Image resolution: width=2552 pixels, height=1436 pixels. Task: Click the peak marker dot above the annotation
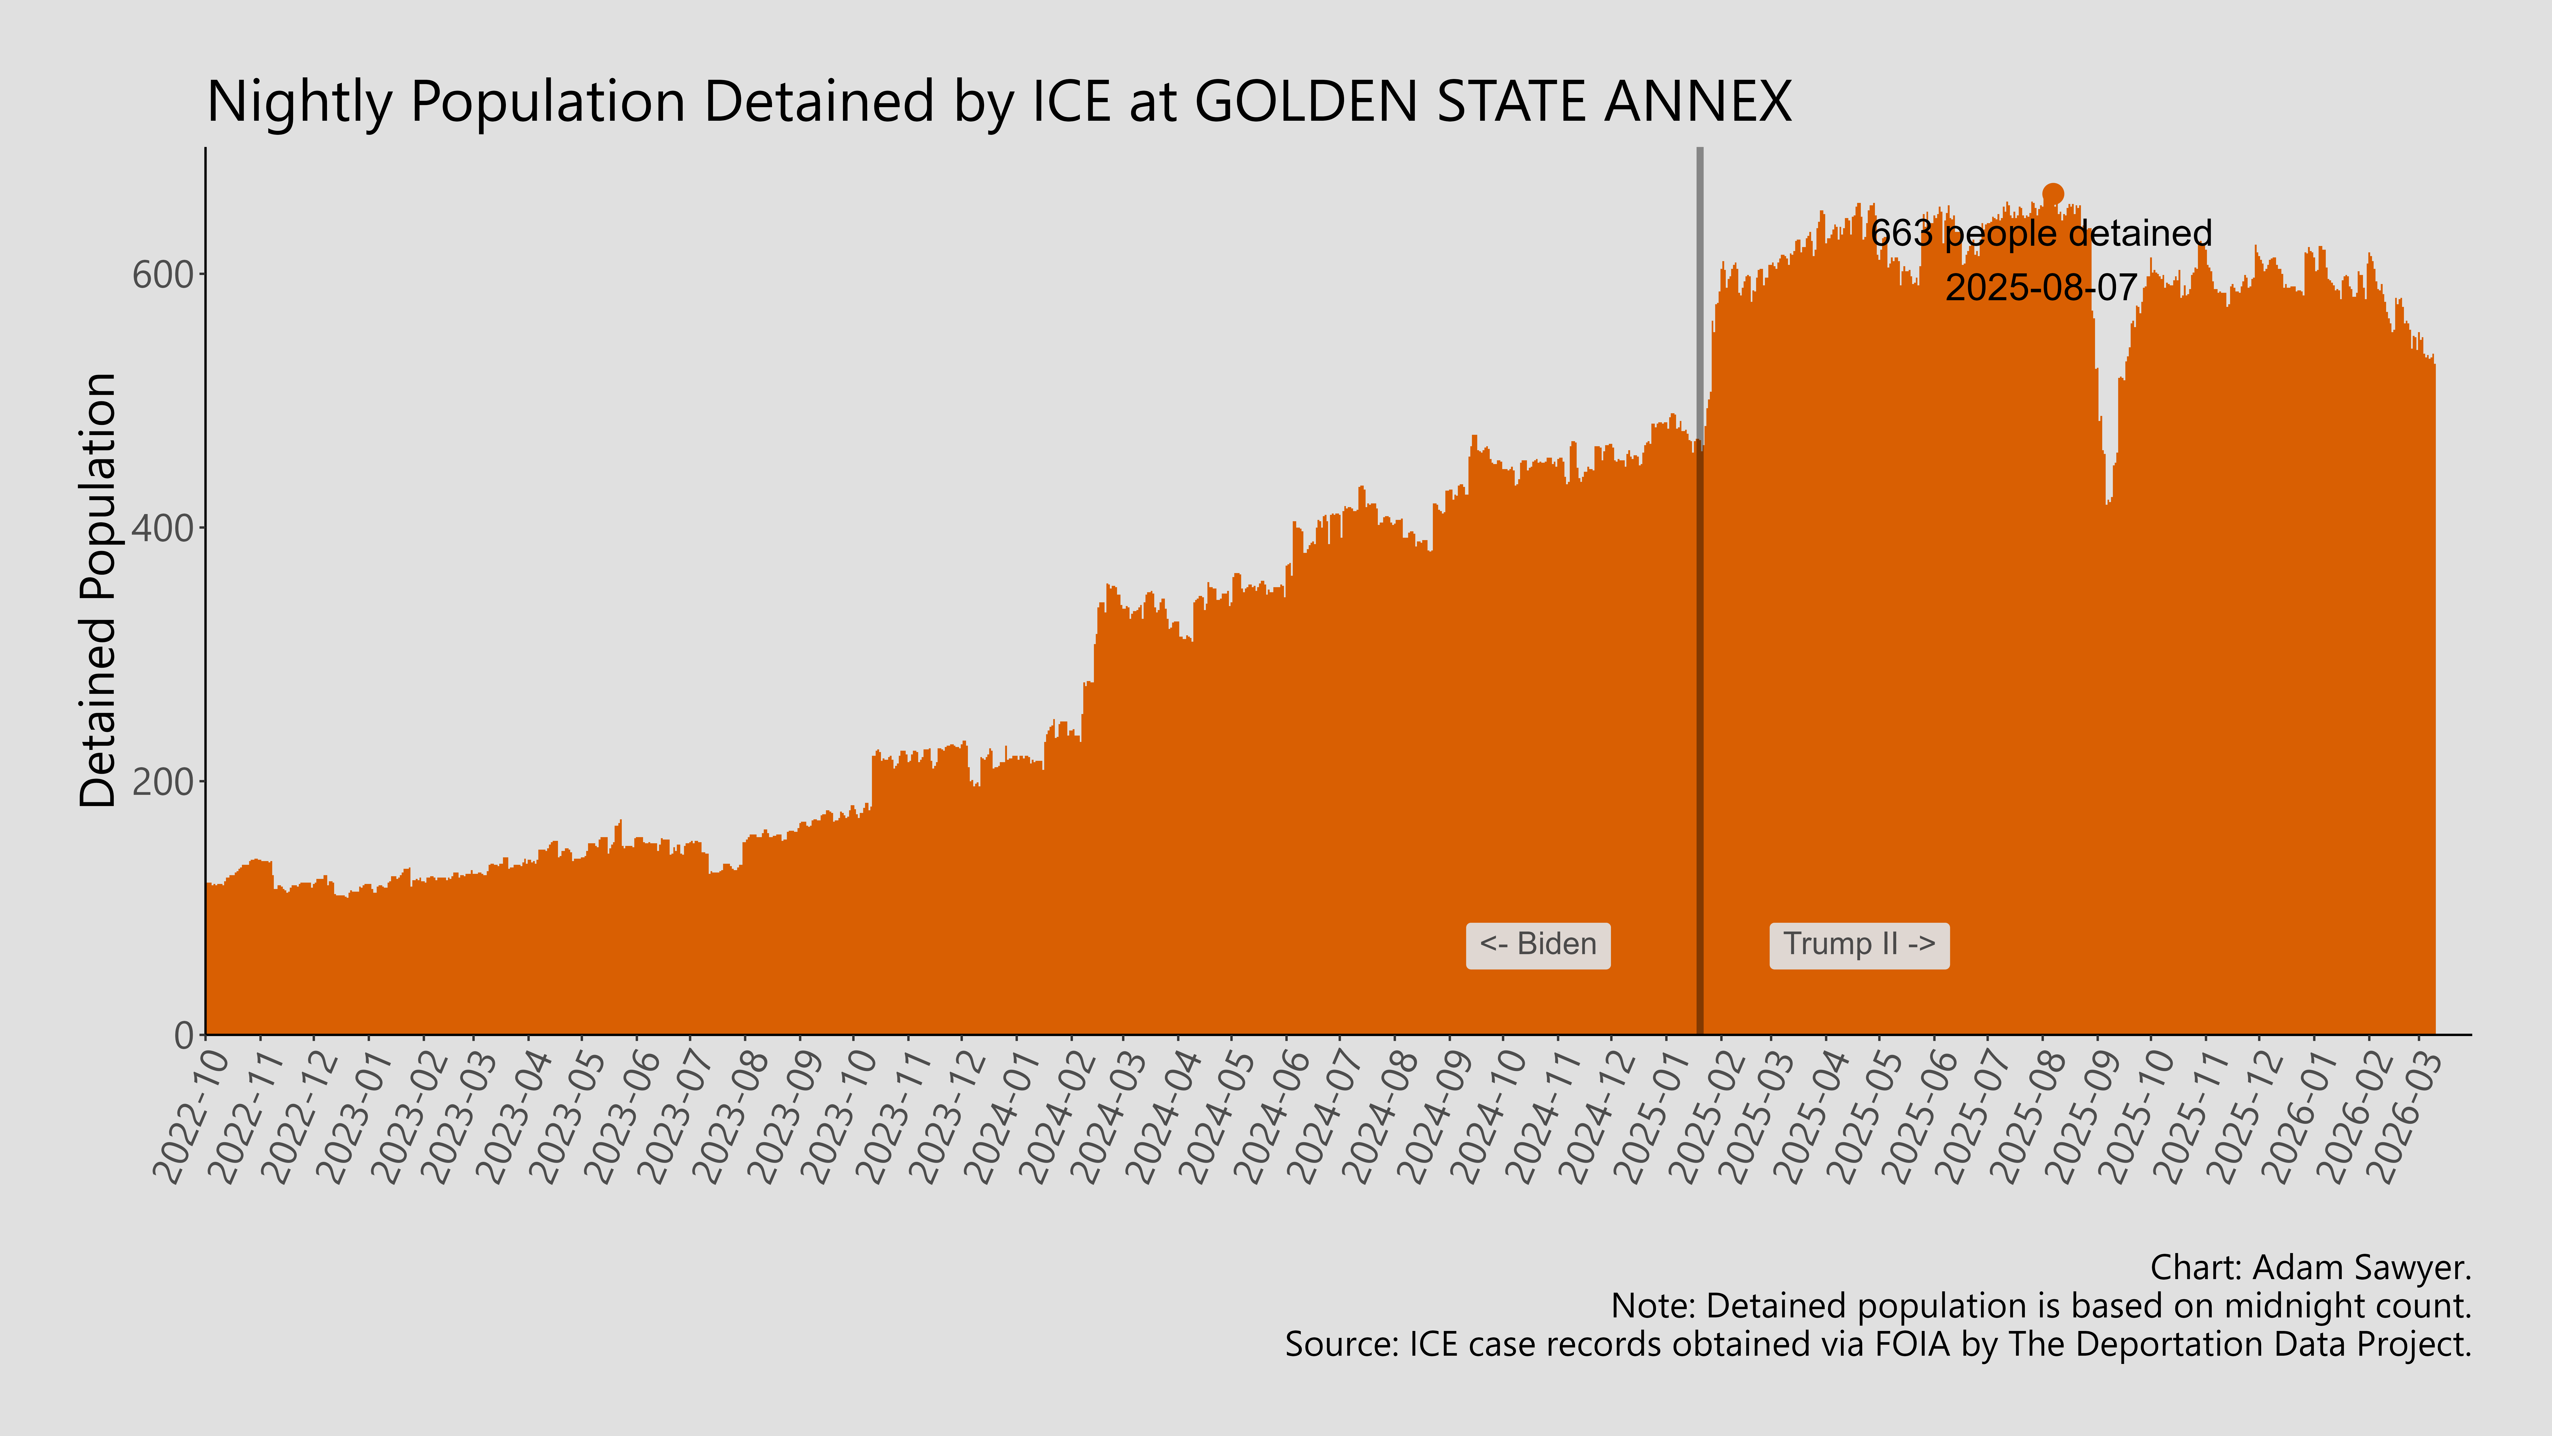point(2053,194)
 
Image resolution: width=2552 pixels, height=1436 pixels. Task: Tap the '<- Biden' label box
point(1538,945)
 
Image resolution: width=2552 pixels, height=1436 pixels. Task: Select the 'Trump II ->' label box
point(1858,945)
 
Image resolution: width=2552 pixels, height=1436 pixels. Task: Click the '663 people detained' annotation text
point(2041,234)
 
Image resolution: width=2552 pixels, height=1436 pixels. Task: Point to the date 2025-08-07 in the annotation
point(2041,287)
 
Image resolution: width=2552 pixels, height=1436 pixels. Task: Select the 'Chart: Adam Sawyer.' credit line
point(2310,1267)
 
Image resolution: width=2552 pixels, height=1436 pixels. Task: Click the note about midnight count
point(2041,1306)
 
